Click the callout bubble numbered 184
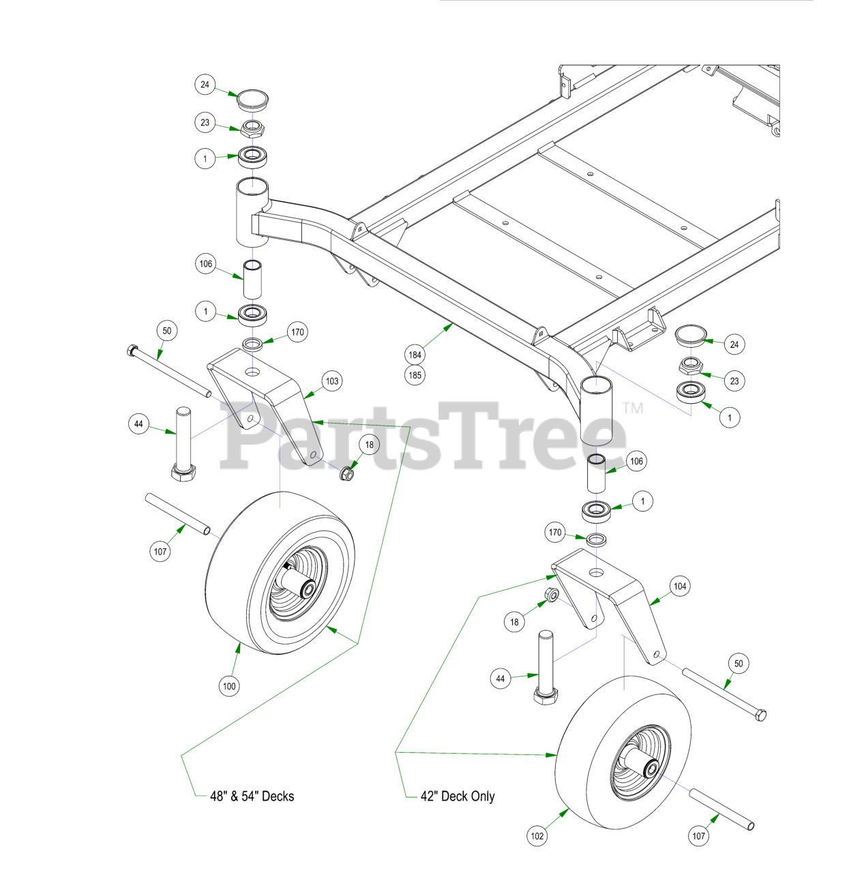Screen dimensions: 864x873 pyautogui.click(x=415, y=355)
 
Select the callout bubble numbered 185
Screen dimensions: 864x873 pyautogui.click(x=415, y=375)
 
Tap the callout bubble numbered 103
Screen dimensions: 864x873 pyautogui.click(x=332, y=381)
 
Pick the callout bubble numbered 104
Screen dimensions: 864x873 pyautogui.click(x=680, y=587)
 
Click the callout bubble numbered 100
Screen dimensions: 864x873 pyautogui.click(x=229, y=686)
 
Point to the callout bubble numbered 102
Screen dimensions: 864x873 pyautogui.click(x=537, y=836)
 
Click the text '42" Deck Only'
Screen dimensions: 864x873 pyautogui.click(x=458, y=797)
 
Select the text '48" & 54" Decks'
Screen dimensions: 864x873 pyautogui.click(x=252, y=797)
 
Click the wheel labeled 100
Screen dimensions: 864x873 pyautogui.click(x=280, y=573)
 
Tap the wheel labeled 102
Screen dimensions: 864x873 pyautogui.click(x=624, y=754)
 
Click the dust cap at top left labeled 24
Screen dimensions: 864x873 pyautogui.click(x=252, y=100)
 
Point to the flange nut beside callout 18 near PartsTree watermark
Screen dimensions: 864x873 pyautogui.click(x=346, y=473)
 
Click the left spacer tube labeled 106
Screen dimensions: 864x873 pyautogui.click(x=252, y=278)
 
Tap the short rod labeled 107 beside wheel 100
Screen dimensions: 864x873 pyautogui.click(x=177, y=514)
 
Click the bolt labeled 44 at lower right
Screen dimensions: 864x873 pyautogui.click(x=546, y=668)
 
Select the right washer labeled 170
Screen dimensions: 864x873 pyautogui.click(x=596, y=539)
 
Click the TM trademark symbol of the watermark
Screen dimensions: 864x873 pyautogui.click(x=633, y=408)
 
